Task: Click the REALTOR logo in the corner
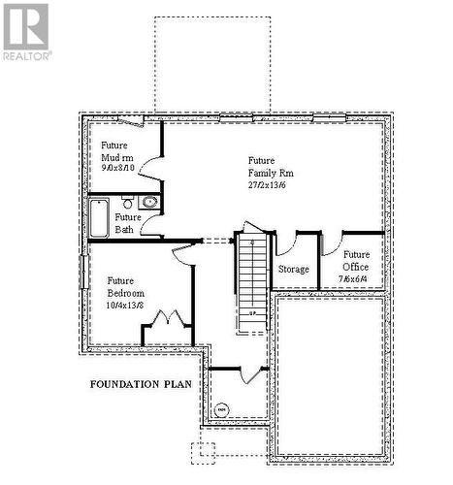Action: pos(26,30)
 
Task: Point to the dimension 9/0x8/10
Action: pos(117,168)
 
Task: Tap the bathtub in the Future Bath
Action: pos(99,217)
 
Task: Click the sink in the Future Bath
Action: pos(148,203)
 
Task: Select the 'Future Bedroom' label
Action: pos(125,286)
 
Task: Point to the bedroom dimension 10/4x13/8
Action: pos(125,305)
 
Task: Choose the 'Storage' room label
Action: pos(293,269)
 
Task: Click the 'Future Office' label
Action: pos(356,260)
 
